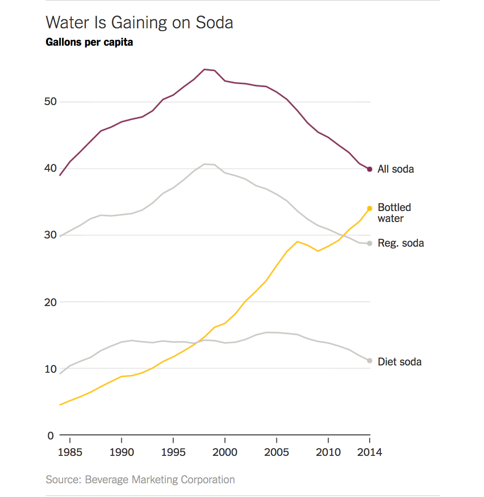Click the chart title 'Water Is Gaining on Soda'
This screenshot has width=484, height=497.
[x=139, y=22]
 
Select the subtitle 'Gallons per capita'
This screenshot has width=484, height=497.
[x=89, y=42]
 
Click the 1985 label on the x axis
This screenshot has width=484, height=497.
[x=70, y=453]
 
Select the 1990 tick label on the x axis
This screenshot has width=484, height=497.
[x=121, y=453]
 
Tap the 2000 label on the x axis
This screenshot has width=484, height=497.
[x=225, y=453]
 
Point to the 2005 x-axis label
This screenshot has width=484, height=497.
[x=277, y=453]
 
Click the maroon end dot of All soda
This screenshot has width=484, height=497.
[x=369, y=169]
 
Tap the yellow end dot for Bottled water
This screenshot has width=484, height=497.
[x=369, y=208]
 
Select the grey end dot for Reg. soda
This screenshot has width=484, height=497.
[x=369, y=243]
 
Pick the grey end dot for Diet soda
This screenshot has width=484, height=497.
[x=369, y=361]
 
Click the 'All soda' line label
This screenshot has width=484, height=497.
[x=395, y=169]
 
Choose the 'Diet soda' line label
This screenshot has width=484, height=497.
[x=400, y=362]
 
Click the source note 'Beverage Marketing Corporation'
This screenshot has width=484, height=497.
[x=160, y=480]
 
